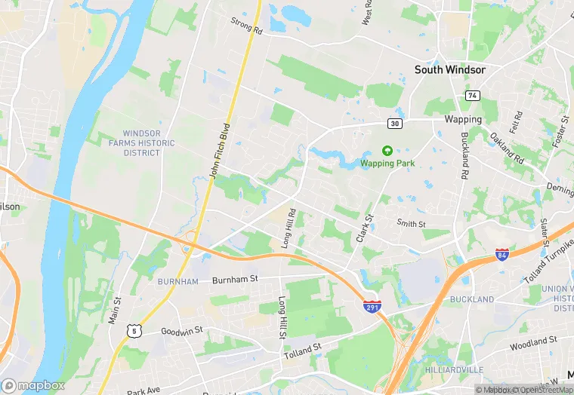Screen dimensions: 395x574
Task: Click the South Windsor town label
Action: pos(449,69)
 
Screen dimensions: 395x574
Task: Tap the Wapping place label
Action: pos(463,119)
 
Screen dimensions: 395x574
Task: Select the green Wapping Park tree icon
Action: pos(387,151)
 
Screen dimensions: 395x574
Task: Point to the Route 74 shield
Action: pos(472,96)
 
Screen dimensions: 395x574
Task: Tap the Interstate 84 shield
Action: pos(502,254)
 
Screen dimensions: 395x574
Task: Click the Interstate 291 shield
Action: pos(372,307)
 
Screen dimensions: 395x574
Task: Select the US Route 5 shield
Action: pos(134,329)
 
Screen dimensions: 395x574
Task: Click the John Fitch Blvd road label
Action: pos(220,150)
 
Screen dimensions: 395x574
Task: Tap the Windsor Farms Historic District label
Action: pos(141,142)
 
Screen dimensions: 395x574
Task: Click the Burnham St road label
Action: pos(235,279)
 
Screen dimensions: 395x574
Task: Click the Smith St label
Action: pos(412,223)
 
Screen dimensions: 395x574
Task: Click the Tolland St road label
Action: pos(303,351)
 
